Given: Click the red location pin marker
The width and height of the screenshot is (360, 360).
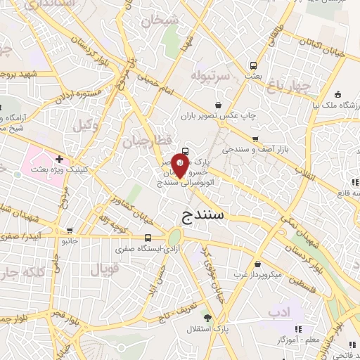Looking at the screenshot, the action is [x=180, y=167].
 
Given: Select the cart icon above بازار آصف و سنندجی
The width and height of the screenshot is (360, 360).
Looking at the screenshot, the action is [x=255, y=139].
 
